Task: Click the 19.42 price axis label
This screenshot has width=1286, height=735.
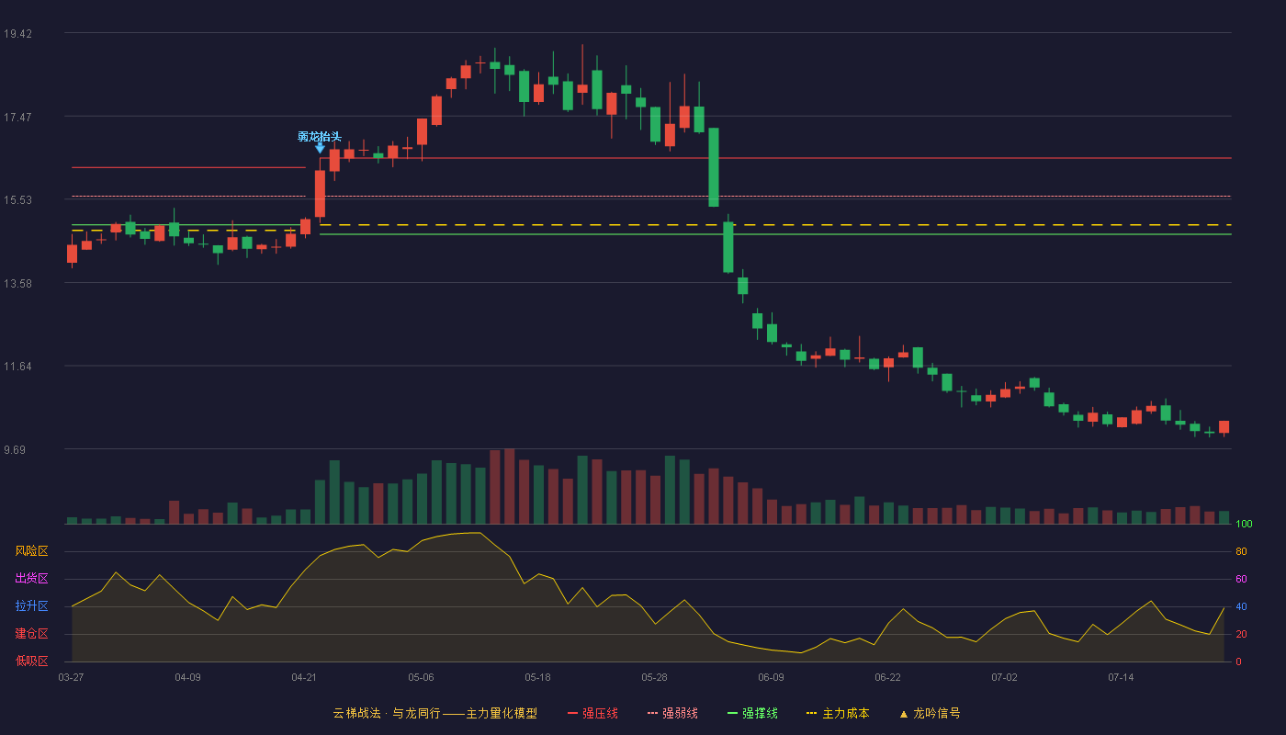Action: pos(17,34)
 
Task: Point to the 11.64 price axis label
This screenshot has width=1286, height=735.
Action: pos(17,367)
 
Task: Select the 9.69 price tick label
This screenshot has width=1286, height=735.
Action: pos(15,449)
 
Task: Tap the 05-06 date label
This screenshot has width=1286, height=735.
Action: pos(421,678)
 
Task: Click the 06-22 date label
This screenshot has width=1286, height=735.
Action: pos(887,678)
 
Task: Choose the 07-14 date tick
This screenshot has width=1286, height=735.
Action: pos(1121,678)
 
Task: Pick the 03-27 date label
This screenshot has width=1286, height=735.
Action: pos(72,678)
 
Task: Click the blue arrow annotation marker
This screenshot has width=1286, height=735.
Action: pos(320,149)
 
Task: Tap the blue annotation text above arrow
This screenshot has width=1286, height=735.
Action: pos(320,137)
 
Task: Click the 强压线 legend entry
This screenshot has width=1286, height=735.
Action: pos(592,713)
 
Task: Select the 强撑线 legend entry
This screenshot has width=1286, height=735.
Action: pos(752,713)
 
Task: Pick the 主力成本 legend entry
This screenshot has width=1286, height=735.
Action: pos(838,713)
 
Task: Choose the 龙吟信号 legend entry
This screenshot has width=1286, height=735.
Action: pos(930,713)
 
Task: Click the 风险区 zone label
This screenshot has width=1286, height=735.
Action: pos(31,551)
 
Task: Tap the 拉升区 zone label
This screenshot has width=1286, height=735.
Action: pos(31,606)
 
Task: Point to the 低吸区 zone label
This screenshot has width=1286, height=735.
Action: pos(31,661)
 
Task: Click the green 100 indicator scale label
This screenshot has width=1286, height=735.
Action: pos(1244,524)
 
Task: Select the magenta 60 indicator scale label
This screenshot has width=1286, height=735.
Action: pos(1241,579)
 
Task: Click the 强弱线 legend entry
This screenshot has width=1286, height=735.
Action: pos(672,713)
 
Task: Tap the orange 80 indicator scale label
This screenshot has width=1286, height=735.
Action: pos(1241,551)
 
